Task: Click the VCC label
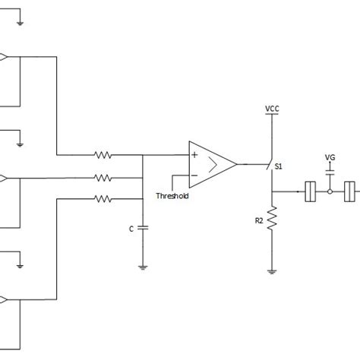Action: pos(271,109)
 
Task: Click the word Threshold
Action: pos(172,196)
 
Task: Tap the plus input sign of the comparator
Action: pos(194,155)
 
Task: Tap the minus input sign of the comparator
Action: pos(194,175)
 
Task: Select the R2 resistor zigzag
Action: pos(271,220)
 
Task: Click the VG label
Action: pos(330,157)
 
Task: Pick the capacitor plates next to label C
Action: pos(143,227)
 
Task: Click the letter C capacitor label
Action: pos(131,227)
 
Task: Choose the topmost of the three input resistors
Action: pos(103,155)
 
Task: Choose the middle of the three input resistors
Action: pos(103,178)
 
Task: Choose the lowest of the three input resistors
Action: pos(103,199)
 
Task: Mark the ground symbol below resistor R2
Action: pos(271,270)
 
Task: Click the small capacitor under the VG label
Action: pos(330,173)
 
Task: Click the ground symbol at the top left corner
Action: pos(21,22)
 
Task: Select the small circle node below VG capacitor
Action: pos(330,191)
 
